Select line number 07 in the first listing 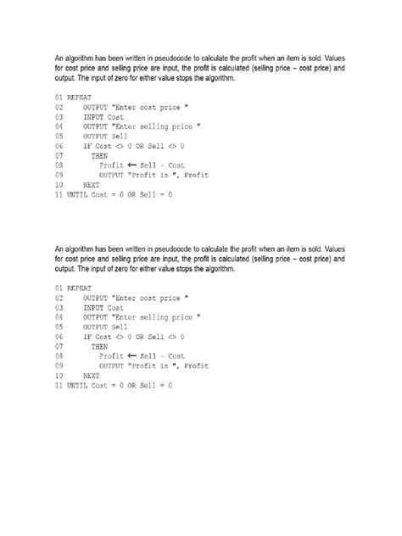point(59,156)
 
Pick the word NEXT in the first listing point(92,185)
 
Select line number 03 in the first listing point(59,118)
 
